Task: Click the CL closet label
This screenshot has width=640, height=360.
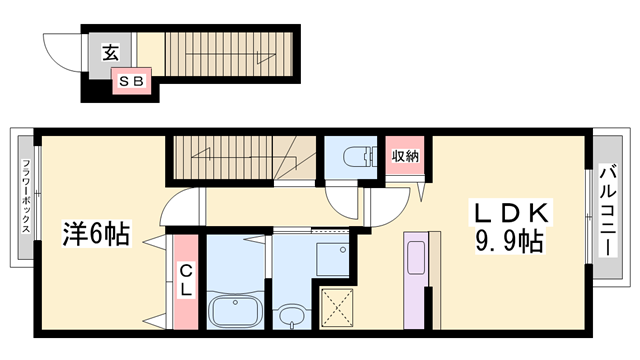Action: (x=185, y=279)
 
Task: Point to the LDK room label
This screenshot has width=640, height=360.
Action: (x=510, y=214)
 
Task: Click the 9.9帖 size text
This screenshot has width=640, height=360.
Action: (x=510, y=243)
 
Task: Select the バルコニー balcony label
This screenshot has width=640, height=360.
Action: (x=607, y=212)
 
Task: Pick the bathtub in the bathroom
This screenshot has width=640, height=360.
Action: (x=235, y=308)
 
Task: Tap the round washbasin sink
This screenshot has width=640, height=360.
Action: (x=291, y=317)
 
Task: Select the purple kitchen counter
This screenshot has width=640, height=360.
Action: (x=417, y=279)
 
